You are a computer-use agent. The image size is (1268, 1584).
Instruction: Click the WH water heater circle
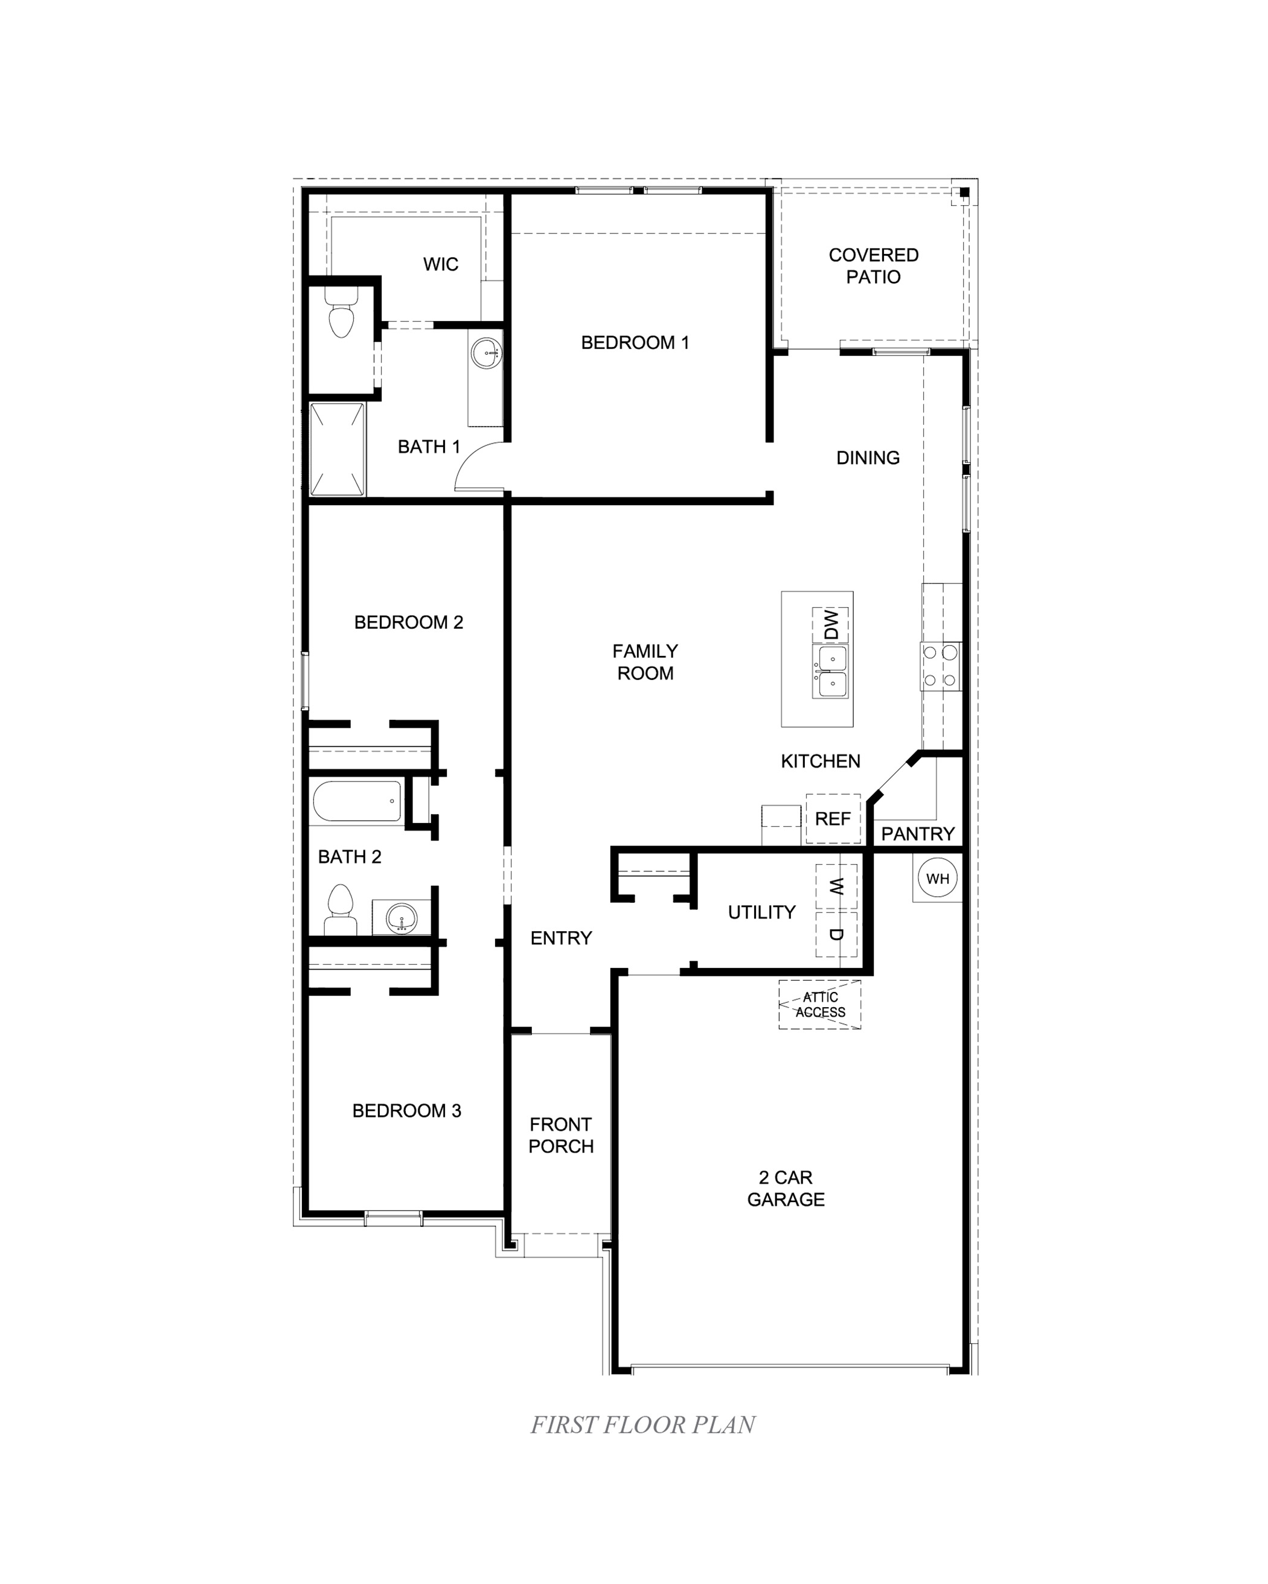click(937, 879)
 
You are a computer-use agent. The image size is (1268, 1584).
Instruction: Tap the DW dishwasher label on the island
click(831, 625)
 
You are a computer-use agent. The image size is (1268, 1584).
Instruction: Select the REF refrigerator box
click(833, 818)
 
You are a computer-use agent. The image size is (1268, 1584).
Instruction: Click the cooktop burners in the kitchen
click(941, 666)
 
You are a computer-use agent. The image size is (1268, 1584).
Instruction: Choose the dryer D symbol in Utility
click(836, 935)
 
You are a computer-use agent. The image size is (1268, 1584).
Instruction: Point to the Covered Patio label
click(873, 266)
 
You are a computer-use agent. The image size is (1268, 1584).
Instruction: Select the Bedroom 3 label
click(406, 1110)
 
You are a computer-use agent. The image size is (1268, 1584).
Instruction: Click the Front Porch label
click(561, 1135)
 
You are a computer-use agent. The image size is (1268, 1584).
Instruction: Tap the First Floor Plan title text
click(643, 1425)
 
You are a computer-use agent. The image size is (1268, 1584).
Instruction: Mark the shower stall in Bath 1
click(338, 449)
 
